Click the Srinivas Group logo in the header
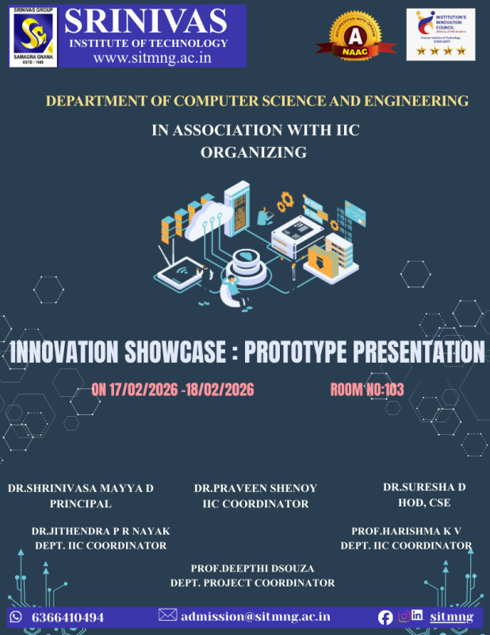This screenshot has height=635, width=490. pyautogui.click(x=33, y=36)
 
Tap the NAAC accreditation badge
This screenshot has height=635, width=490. pyautogui.click(x=354, y=36)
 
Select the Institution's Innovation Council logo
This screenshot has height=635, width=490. pyautogui.click(x=440, y=34)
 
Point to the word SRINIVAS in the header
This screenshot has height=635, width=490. pyautogui.click(x=155, y=21)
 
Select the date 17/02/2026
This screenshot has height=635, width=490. pyautogui.click(x=143, y=389)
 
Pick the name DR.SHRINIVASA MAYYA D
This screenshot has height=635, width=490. pyautogui.click(x=80, y=487)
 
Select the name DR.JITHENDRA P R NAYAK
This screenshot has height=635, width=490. pyautogui.click(x=101, y=530)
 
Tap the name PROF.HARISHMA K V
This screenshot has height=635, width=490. pyautogui.click(x=406, y=530)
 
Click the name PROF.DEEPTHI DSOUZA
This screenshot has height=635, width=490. pyautogui.click(x=252, y=568)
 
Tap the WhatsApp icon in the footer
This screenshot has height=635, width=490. pyautogui.click(x=15, y=617)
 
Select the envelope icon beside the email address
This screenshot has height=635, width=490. pyautogui.click(x=167, y=615)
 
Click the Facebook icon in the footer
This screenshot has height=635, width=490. pyautogui.click(x=385, y=617)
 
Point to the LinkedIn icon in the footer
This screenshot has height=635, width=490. pyautogui.click(x=416, y=616)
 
